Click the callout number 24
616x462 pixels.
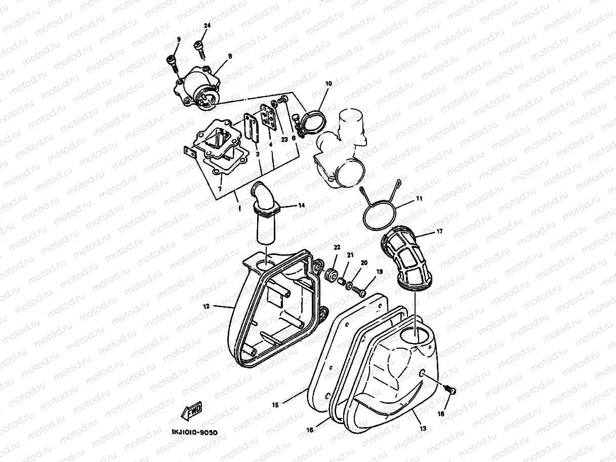[x=207, y=26]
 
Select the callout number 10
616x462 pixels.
[x=328, y=82]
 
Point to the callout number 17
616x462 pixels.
[x=439, y=232]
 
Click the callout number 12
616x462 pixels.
[x=207, y=306]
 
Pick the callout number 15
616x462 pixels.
[x=275, y=405]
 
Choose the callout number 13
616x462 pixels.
[x=423, y=428]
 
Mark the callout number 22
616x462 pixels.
[x=337, y=246]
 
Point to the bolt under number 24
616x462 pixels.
[x=199, y=50]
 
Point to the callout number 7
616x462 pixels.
[x=220, y=189]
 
